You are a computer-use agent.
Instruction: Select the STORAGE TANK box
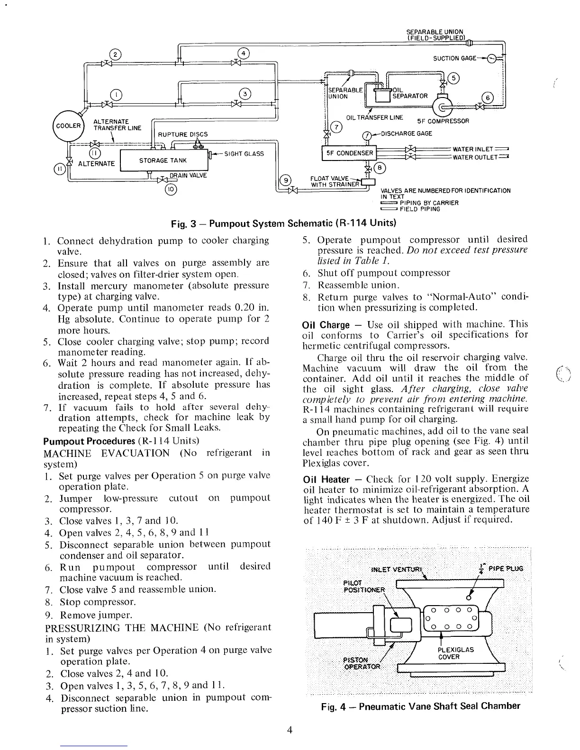click(163, 161)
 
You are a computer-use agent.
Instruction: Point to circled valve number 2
click(114, 54)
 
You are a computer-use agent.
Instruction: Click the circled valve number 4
click(242, 54)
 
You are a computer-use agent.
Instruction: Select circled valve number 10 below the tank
click(170, 190)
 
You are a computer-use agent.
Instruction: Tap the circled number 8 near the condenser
click(380, 167)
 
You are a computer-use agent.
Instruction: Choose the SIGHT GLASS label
click(244, 154)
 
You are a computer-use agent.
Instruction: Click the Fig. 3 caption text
click(283, 223)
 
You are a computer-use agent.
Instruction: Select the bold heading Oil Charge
click(326, 325)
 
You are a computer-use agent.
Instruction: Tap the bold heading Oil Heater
click(326, 480)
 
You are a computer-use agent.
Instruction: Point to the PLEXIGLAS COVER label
click(456, 653)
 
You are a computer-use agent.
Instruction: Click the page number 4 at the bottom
click(290, 730)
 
